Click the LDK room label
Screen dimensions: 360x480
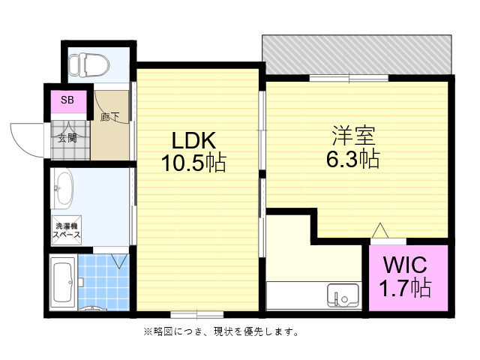[194, 140]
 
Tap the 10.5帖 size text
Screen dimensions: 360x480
[194, 163]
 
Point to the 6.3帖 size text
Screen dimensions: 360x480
[352, 158]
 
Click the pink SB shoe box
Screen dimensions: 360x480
[67, 100]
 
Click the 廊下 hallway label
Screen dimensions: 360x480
[109, 117]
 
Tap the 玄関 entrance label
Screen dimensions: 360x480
[67, 137]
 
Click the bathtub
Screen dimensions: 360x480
[63, 282]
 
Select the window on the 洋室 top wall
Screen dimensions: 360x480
[349, 77]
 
